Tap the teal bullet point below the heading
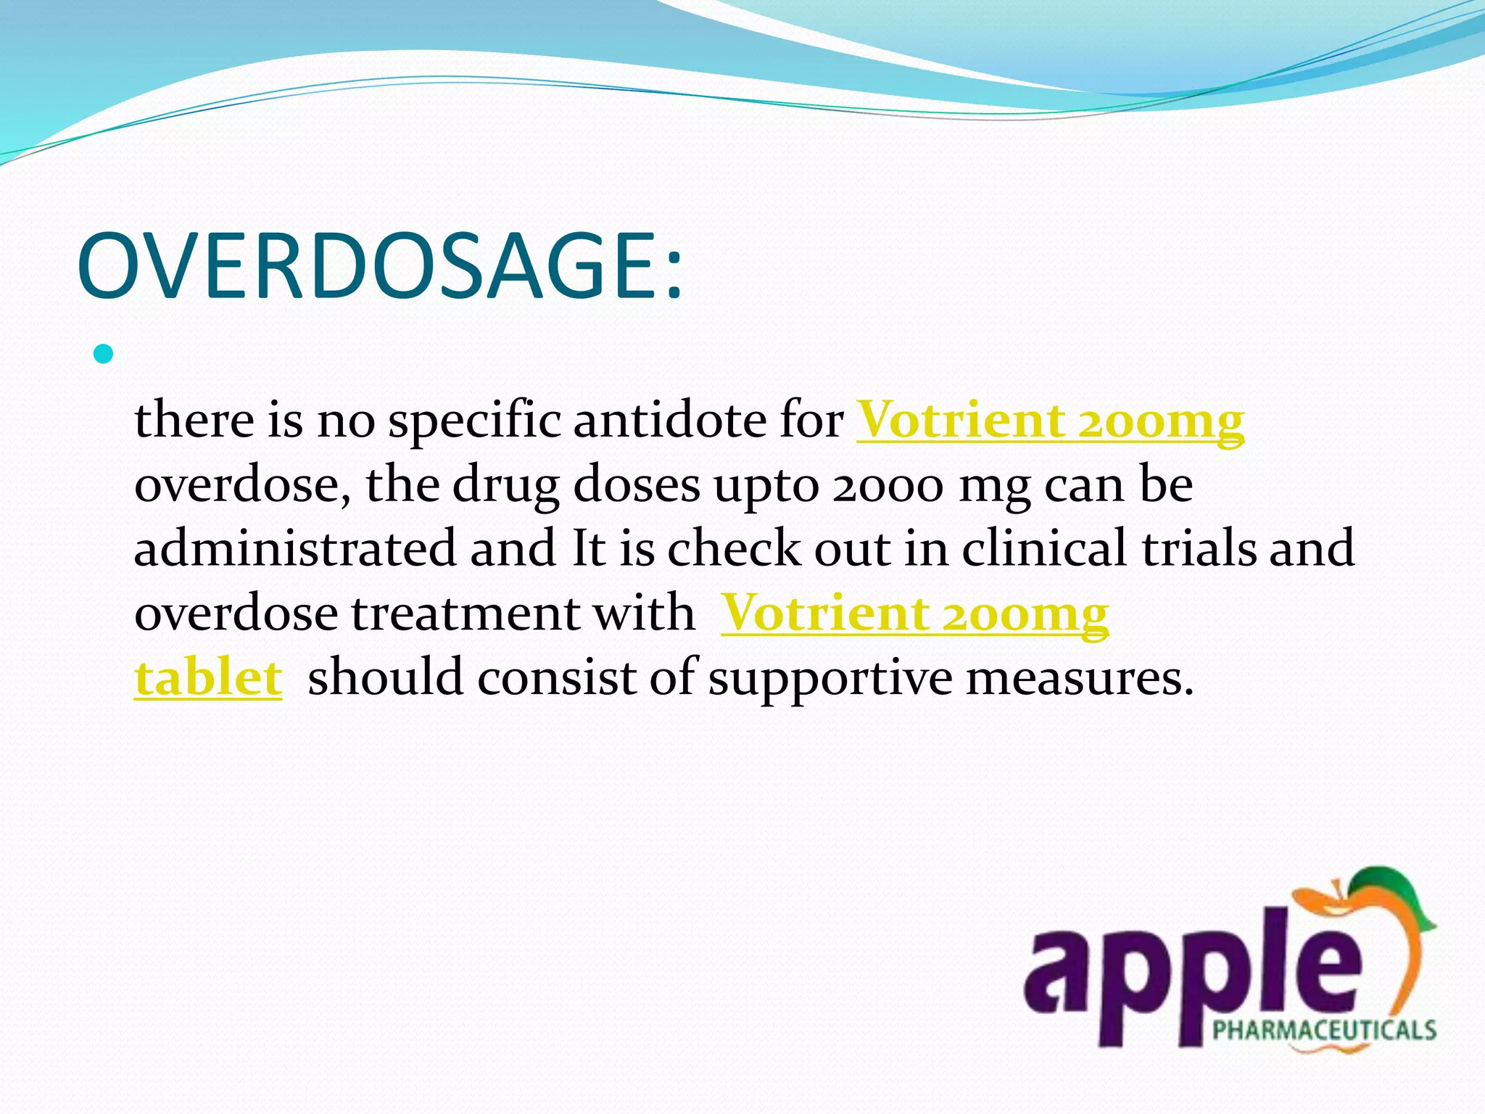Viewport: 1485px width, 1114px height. click(104, 355)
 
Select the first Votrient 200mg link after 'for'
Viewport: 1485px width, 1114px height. click(1050, 421)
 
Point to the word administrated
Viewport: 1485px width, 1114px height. click(295, 548)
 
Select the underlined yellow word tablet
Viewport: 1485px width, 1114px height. click(208, 677)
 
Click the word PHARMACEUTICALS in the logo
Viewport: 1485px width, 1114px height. click(1324, 1030)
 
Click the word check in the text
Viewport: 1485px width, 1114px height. click(733, 548)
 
